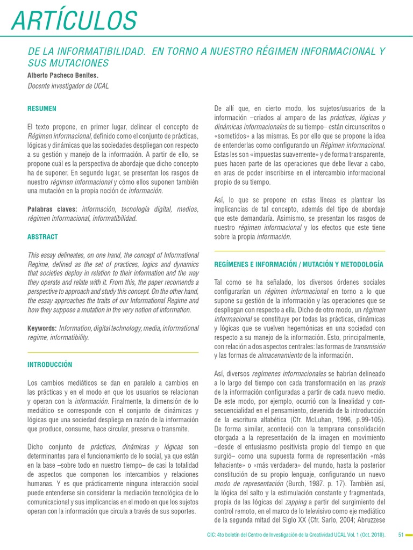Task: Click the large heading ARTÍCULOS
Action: pos(74,20)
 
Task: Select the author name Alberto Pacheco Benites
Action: pos(63,75)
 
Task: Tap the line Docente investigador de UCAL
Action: pos(68,86)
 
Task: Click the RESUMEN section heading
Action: pos(42,108)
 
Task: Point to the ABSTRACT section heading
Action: pos(42,237)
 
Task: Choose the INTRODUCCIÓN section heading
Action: pos(49,365)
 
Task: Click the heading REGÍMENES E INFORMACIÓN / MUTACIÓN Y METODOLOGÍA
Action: pos(298,265)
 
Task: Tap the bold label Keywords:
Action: pos(42,328)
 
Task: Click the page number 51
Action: pos(401,535)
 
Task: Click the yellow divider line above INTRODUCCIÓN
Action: pos(113,352)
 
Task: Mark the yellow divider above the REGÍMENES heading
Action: pos(300,251)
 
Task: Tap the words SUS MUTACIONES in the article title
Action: pos(68,63)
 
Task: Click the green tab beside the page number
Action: pos(410,535)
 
